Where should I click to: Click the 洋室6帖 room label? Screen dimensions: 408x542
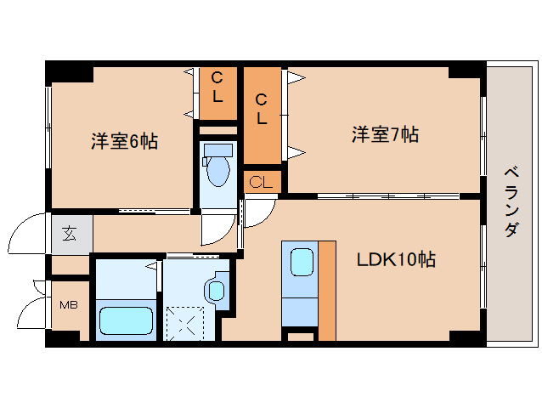coord(124,141)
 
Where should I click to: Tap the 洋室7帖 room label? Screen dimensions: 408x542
coord(385,134)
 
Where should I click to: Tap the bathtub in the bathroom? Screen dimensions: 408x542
coord(126,322)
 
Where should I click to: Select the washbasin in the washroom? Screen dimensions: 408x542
coord(215,291)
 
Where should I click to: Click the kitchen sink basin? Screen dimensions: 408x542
coord(302,261)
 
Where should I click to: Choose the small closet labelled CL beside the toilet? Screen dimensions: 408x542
coord(262,182)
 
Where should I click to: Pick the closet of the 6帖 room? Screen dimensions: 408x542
coord(217,93)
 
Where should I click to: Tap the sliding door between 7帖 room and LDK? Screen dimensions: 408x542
coord(387,196)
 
